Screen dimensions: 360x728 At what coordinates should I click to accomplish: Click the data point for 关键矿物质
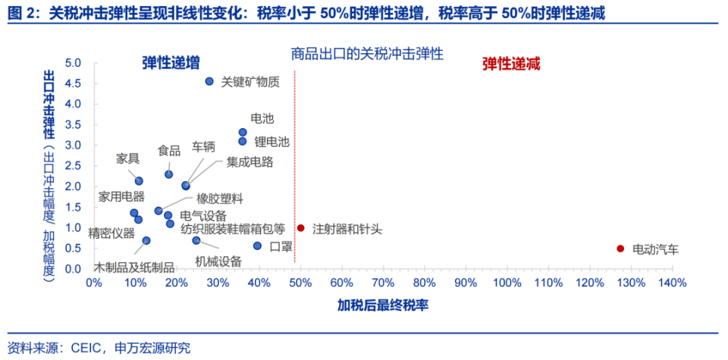click(209, 81)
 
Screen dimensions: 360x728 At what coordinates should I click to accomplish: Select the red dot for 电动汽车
click(620, 249)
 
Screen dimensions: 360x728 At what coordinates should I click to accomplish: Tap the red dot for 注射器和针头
click(301, 227)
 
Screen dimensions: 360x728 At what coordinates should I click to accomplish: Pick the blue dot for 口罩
click(257, 246)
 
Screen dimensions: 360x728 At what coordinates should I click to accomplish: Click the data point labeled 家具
click(139, 180)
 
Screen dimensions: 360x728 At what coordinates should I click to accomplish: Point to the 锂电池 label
click(271, 141)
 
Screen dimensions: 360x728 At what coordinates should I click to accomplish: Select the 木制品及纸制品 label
click(134, 268)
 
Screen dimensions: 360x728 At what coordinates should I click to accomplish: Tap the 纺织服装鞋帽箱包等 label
click(233, 228)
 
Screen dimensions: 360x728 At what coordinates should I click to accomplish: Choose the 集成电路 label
click(249, 161)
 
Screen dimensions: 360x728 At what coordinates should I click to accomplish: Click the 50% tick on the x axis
click(300, 283)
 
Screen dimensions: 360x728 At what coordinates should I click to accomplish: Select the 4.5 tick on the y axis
click(72, 83)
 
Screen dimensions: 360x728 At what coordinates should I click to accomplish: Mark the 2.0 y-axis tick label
click(72, 186)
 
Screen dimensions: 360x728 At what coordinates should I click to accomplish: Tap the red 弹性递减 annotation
click(511, 64)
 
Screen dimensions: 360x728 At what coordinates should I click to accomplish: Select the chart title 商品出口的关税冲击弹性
click(367, 54)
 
